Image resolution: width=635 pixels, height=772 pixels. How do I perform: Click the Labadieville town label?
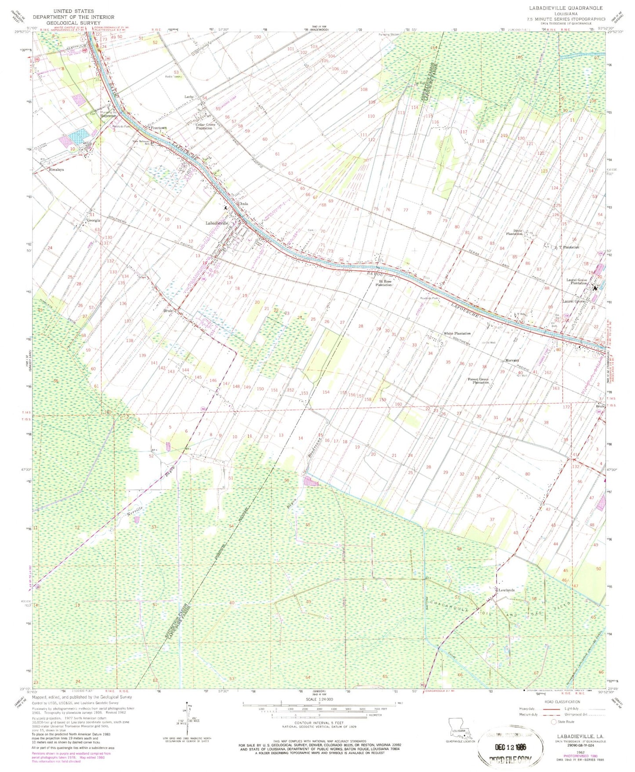click(x=217, y=223)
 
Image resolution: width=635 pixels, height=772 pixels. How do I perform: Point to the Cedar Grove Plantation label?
click(x=206, y=127)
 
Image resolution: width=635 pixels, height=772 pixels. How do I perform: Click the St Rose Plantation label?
click(x=384, y=283)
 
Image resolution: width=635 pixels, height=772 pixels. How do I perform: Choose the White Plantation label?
click(x=457, y=333)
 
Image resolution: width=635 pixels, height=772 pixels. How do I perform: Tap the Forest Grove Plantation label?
click(x=478, y=381)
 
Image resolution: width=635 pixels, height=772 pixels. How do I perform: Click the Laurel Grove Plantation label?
click(x=577, y=282)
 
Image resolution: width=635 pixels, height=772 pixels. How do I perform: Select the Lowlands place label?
click(x=506, y=590)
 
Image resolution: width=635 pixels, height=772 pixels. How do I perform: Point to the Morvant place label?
click(x=512, y=360)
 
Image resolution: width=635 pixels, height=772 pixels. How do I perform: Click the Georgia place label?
click(x=94, y=220)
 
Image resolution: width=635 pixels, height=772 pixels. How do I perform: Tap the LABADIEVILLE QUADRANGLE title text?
click(x=573, y=8)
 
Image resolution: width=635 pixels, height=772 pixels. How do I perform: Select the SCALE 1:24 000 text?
click(x=319, y=712)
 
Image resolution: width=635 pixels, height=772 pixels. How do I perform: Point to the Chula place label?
click(x=243, y=204)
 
